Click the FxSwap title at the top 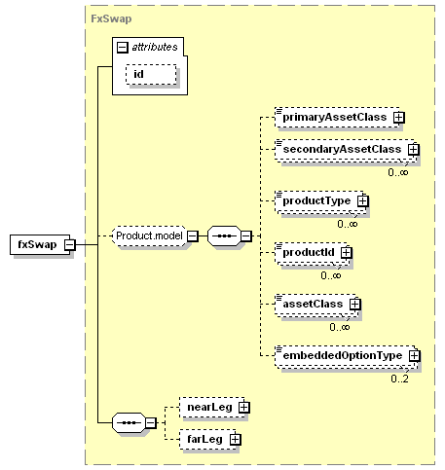tap(111, 18)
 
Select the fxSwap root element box tap(40, 244)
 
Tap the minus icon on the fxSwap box tap(70, 244)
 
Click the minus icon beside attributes tap(122, 48)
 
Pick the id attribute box tap(151, 74)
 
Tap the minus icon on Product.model tap(193, 235)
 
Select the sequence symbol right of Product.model tap(224, 235)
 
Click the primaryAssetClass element tap(337, 117)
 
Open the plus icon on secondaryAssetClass tap(414, 149)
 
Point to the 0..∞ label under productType tap(348, 224)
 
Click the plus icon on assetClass tap(355, 304)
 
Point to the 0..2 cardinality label tap(399, 379)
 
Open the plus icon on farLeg tap(236, 439)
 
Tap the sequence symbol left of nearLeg tap(129, 422)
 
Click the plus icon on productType tap(363, 200)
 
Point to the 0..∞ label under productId tap(331, 275)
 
